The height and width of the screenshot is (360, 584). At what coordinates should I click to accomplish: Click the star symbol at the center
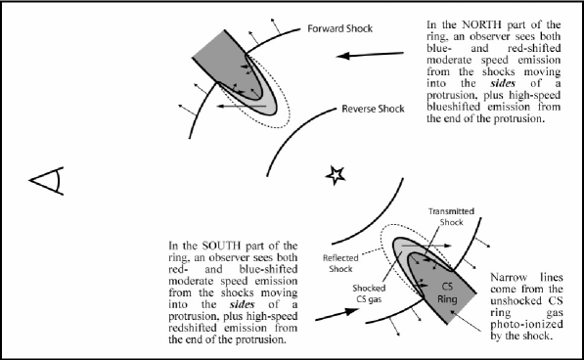pyautogui.click(x=336, y=175)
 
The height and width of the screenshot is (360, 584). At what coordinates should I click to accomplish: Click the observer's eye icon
pyautogui.click(x=47, y=181)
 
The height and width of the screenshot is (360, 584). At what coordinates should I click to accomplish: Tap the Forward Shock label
pyautogui.click(x=339, y=28)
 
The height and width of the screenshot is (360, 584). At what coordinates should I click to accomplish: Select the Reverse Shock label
pyautogui.click(x=373, y=109)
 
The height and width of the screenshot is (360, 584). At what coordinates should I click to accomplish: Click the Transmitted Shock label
pyautogui.click(x=451, y=216)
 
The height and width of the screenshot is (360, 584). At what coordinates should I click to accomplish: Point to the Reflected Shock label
pyautogui.click(x=340, y=263)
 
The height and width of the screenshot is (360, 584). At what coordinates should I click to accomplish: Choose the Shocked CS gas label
pyautogui.click(x=369, y=293)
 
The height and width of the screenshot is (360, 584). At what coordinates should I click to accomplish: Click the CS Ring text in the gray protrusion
pyautogui.click(x=447, y=292)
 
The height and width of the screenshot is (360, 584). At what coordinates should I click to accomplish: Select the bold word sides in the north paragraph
pyautogui.click(x=503, y=83)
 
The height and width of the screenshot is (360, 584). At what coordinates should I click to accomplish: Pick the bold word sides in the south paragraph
pyautogui.click(x=242, y=304)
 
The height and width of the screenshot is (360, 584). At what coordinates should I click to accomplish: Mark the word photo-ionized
pyautogui.click(x=526, y=324)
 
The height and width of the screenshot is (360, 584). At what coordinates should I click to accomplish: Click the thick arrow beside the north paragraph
pyautogui.click(x=370, y=55)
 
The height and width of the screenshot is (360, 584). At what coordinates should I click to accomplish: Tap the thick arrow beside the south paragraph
pyautogui.click(x=337, y=314)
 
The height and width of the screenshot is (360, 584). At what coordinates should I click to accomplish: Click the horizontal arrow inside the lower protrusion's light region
pyautogui.click(x=427, y=246)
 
